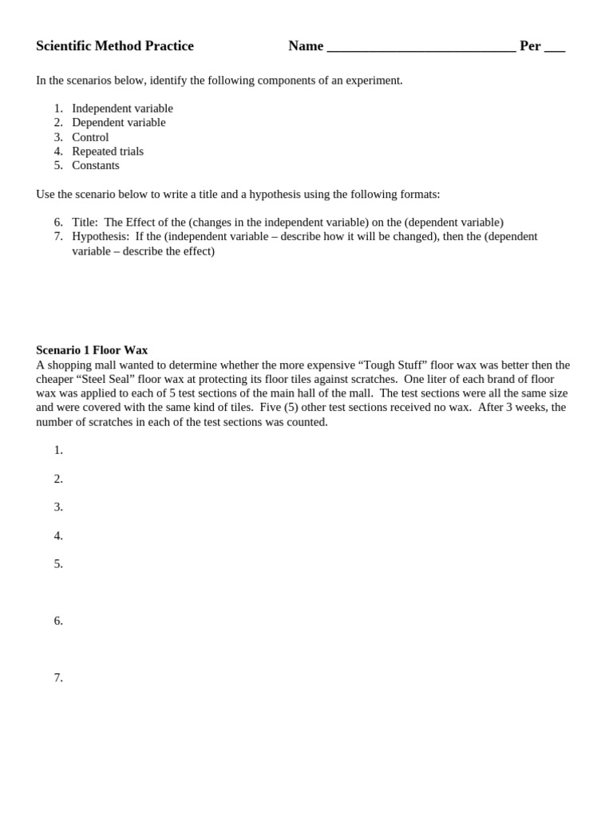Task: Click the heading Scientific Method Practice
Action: (x=115, y=46)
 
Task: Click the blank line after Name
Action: (x=421, y=48)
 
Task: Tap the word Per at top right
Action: (x=530, y=46)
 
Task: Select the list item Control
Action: (x=90, y=137)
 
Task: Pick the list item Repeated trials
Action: (x=108, y=152)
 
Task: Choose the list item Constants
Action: (x=96, y=166)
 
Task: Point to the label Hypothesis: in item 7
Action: (x=101, y=237)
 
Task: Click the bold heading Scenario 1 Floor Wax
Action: (x=92, y=350)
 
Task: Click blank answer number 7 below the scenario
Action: (x=58, y=678)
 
